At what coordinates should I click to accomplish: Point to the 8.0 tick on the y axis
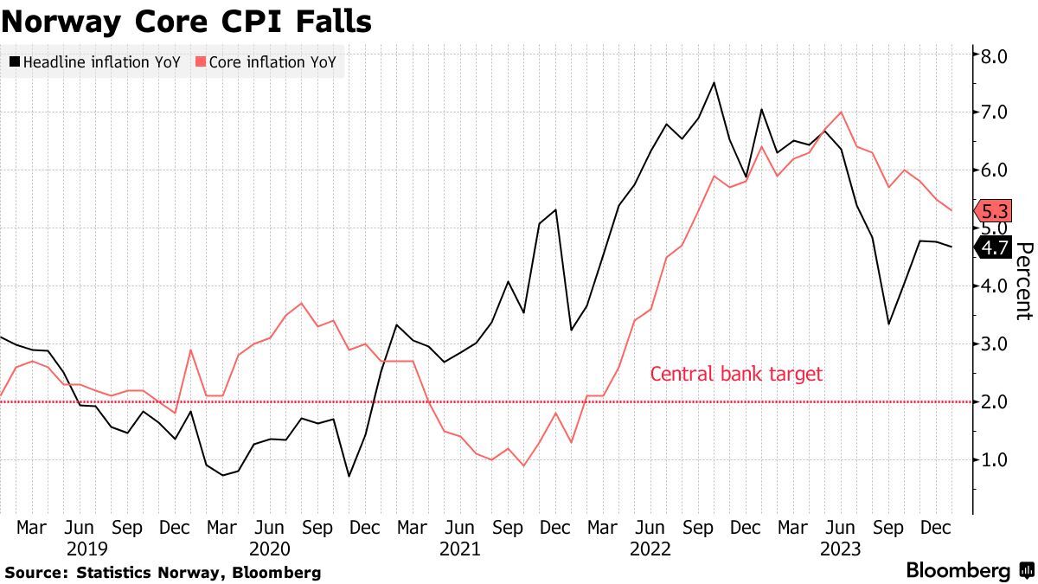pos(993,56)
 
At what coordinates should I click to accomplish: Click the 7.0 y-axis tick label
pos(993,112)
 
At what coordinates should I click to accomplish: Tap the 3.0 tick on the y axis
pos(993,343)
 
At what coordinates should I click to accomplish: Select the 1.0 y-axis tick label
pos(993,459)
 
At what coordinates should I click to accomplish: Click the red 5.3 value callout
pos(991,211)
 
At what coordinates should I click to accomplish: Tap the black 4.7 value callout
pos(991,248)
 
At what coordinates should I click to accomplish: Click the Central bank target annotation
pos(736,374)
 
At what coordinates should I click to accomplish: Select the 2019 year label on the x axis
pos(80,549)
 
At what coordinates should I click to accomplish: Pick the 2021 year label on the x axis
pos(459,549)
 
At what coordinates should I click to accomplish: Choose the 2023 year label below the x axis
pos(840,549)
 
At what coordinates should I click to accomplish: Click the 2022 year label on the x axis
pos(650,549)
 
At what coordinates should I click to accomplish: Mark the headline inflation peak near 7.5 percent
pos(714,83)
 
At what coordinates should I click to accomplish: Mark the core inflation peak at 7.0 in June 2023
pos(841,112)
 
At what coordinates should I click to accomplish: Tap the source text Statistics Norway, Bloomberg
pos(163,572)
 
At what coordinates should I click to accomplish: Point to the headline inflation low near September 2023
pos(889,324)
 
